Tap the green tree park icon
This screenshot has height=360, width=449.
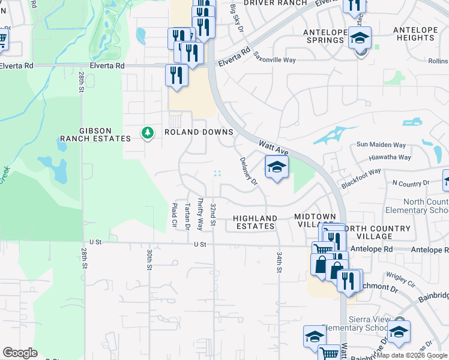point(147,132)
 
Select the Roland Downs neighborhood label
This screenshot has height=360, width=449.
point(190,133)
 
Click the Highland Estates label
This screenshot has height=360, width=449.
point(255,222)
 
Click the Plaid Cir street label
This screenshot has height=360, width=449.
point(175,215)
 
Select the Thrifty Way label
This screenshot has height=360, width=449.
point(200,214)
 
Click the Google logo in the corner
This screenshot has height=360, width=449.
point(20,353)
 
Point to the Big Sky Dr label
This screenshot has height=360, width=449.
point(237,18)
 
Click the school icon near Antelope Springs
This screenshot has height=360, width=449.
point(360,38)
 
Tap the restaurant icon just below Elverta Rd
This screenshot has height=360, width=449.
point(176,76)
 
